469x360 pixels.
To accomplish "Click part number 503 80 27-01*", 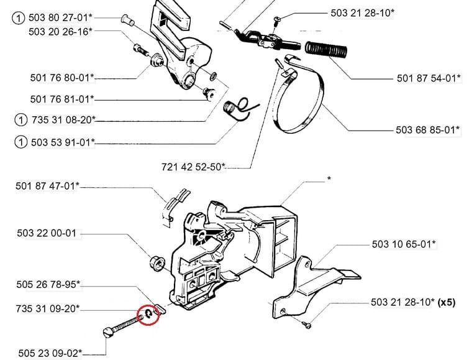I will click(x=60, y=19).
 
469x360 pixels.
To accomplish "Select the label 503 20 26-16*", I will click(x=60, y=31).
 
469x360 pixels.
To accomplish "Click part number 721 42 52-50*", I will click(x=193, y=167).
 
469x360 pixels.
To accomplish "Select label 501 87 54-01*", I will click(x=429, y=78).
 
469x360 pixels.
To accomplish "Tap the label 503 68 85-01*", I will click(x=428, y=130).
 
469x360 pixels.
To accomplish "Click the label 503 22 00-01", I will click(x=47, y=233).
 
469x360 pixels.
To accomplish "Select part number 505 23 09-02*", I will click(x=50, y=335).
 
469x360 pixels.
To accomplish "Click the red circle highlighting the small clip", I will click(x=149, y=315).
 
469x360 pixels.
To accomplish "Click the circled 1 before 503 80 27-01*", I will click(x=20, y=19).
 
